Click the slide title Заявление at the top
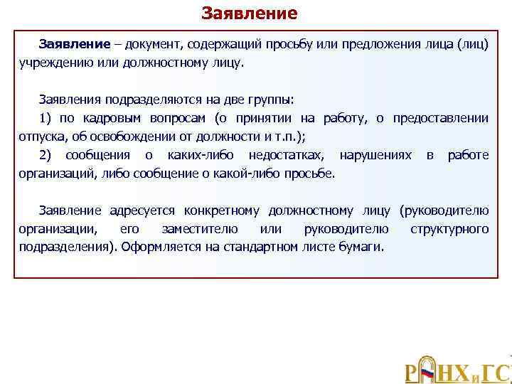[249, 14]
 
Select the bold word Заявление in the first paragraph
[75, 44]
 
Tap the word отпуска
[39, 137]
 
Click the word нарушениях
[375, 155]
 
